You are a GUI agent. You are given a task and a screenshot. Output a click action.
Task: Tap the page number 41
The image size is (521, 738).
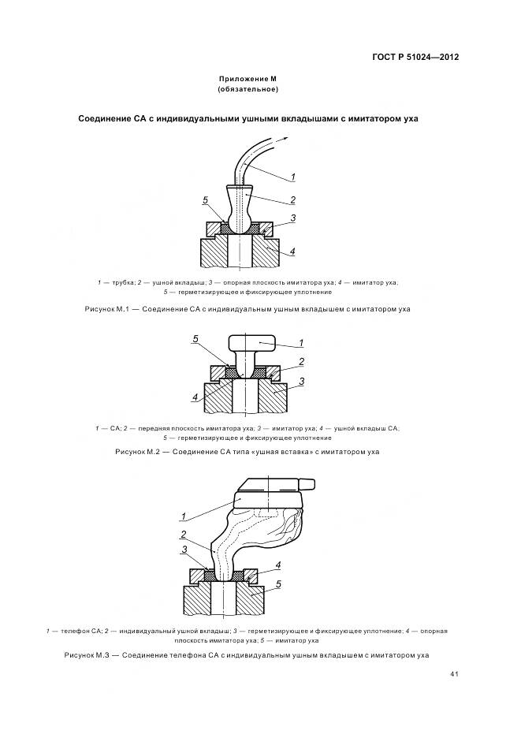(455, 673)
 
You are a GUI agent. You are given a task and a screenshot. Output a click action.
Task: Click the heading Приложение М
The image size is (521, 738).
(248, 80)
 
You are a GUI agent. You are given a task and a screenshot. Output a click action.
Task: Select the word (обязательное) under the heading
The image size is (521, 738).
(248, 91)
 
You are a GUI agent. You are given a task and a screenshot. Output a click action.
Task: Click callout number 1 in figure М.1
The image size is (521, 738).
(293, 177)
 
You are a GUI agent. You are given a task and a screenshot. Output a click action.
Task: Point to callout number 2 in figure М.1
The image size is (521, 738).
(292, 200)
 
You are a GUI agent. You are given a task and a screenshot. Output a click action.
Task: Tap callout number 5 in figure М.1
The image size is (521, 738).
(206, 201)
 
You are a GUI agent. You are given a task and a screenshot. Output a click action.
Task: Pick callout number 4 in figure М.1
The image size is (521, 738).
(292, 252)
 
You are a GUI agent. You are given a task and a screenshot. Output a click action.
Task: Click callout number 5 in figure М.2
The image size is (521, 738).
(195, 339)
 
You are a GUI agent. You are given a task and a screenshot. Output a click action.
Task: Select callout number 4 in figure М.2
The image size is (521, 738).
(195, 397)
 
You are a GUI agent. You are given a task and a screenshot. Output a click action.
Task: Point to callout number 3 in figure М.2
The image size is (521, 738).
(301, 381)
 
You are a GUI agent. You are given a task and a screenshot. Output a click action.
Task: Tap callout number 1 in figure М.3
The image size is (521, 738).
(183, 516)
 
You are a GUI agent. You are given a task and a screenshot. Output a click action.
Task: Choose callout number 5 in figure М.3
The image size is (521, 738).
(279, 583)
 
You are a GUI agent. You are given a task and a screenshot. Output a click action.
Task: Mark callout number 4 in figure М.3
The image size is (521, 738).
(278, 565)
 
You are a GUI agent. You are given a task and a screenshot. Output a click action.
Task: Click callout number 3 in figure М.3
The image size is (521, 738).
(184, 550)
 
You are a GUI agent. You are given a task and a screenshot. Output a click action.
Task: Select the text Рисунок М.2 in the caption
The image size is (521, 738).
(137, 452)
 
